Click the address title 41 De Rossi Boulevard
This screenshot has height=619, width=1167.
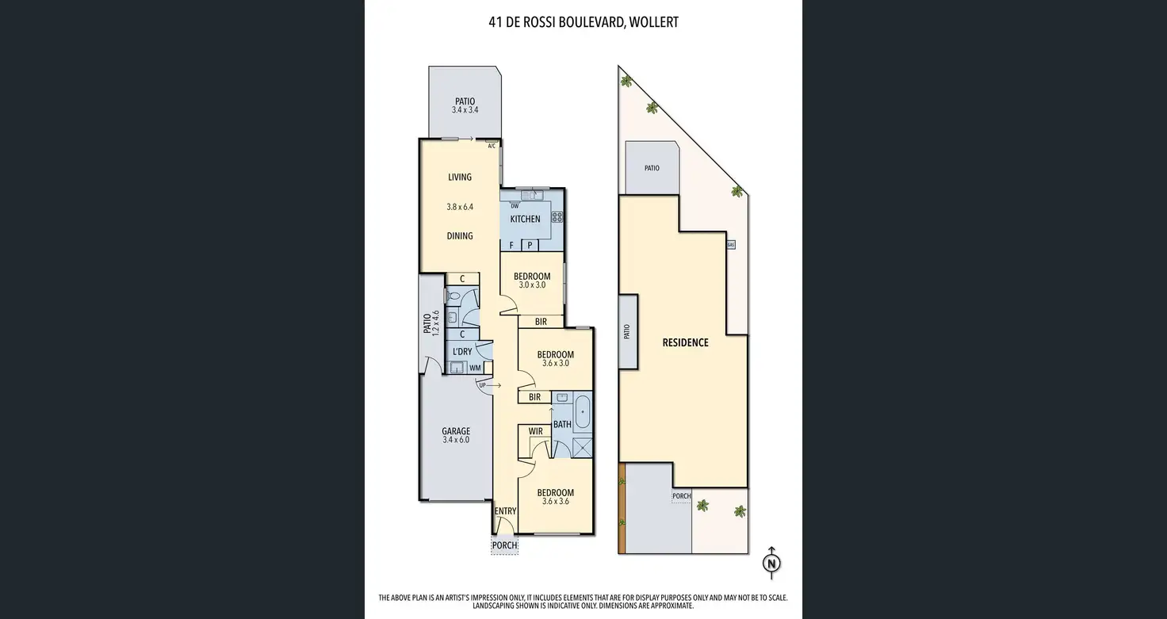click(x=556, y=22)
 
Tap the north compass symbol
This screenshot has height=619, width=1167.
click(x=771, y=563)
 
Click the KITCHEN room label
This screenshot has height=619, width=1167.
click(x=525, y=220)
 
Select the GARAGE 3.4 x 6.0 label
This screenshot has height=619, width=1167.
click(x=456, y=435)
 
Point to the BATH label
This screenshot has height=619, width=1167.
click(x=562, y=425)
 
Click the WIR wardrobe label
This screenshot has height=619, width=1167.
click(x=536, y=431)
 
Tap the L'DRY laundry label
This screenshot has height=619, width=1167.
click(x=462, y=352)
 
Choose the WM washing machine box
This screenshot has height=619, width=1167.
click(x=475, y=369)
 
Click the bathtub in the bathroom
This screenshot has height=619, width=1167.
click(x=583, y=411)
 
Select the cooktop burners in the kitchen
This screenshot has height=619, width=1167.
click(x=557, y=216)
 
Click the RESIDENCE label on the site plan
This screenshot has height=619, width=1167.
click(x=685, y=343)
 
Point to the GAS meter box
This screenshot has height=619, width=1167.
click(x=731, y=244)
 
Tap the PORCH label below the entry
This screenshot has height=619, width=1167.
click(x=505, y=545)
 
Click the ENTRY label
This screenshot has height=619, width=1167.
click(x=505, y=511)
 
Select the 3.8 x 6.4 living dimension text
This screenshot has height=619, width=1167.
click(x=460, y=207)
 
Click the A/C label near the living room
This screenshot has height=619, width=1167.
click(x=492, y=147)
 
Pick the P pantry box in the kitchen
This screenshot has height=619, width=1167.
click(x=530, y=245)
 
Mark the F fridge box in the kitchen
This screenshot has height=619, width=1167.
click(x=511, y=245)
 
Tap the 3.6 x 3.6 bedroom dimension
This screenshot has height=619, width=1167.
click(x=556, y=502)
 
